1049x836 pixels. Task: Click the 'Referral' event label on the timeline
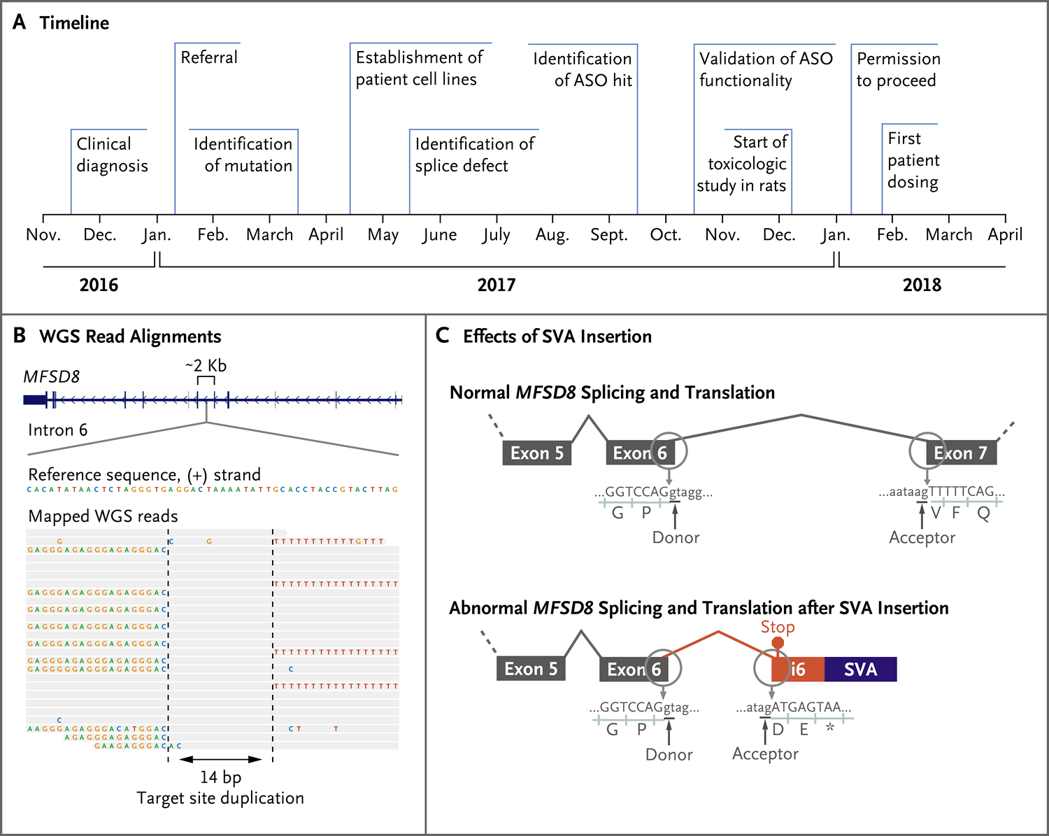tap(209, 57)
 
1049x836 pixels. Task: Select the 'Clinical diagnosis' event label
tap(112, 155)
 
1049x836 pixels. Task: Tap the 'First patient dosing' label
tap(913, 160)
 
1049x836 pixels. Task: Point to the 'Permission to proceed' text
tap(898, 69)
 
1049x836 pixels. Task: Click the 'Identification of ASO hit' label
tap(583, 69)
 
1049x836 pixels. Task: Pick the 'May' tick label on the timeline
tap(383, 235)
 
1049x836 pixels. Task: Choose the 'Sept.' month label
tap(608, 235)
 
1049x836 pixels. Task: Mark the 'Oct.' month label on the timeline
tap(665, 235)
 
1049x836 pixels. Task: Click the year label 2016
tap(99, 285)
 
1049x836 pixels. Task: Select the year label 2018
tap(922, 285)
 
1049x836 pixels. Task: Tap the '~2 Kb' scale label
tap(206, 366)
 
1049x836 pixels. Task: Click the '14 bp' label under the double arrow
tap(220, 777)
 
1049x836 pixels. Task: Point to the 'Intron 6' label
tap(58, 430)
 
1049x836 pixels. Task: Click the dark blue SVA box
tap(860, 669)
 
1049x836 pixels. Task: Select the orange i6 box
tap(798, 669)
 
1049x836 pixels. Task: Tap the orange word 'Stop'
tap(778, 627)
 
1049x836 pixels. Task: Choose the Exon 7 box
tap(960, 453)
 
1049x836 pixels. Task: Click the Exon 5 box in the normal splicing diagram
tap(537, 453)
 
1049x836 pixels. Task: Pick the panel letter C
tap(442, 336)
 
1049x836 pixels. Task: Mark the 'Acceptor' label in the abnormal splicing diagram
tap(765, 754)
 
